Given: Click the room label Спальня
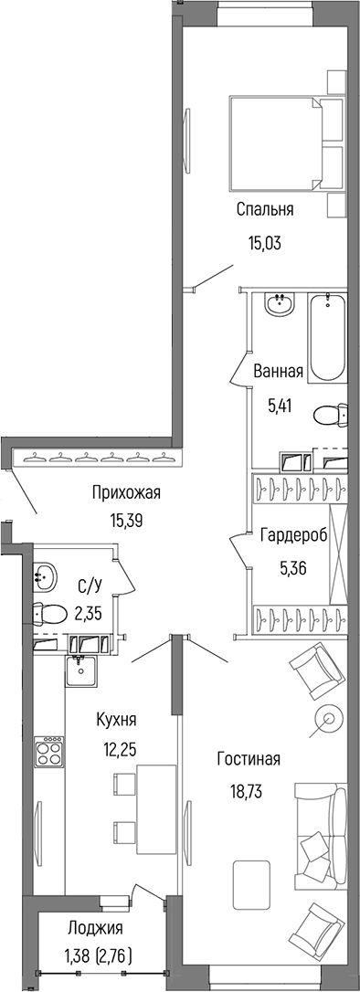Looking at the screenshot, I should tap(264, 210).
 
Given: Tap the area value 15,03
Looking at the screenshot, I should tap(264, 243).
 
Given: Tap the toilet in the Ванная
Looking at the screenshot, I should tap(330, 417).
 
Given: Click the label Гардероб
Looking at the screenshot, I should tap(289, 535).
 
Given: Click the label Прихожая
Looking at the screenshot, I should tap(126, 494).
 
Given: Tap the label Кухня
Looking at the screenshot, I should tap(117, 719).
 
